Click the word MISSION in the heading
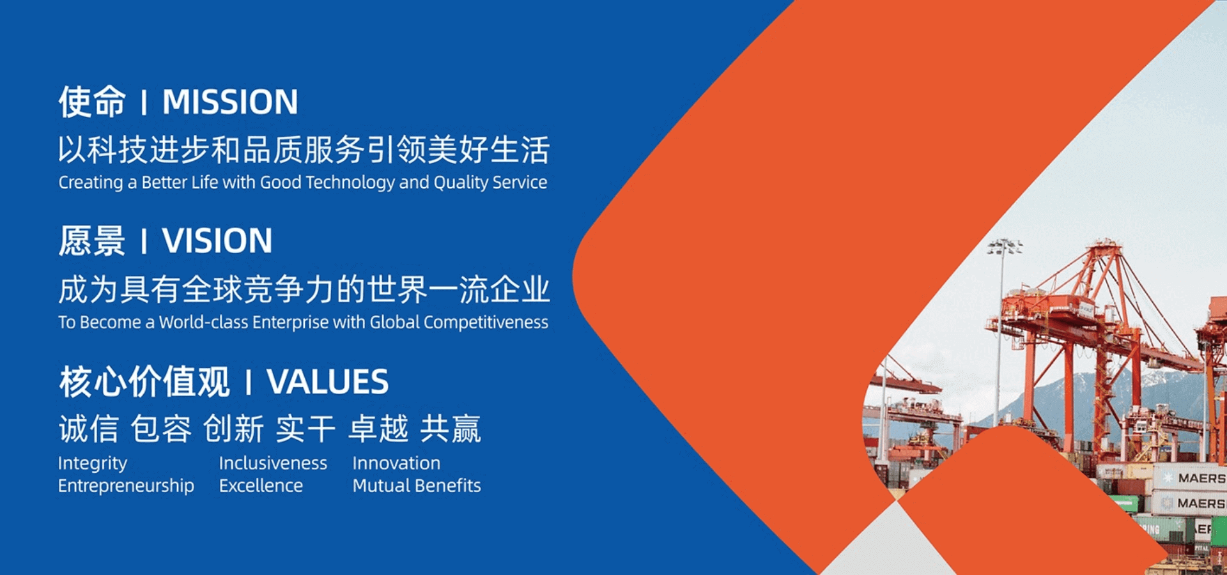[x=230, y=102]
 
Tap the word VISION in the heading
[x=217, y=241]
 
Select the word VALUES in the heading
[x=327, y=382]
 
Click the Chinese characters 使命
[x=92, y=102]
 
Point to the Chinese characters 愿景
[x=92, y=241]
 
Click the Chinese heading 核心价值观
[x=144, y=382]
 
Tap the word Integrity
[x=93, y=464]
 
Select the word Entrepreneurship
[x=126, y=486]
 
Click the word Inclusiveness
[x=273, y=463]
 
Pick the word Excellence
[x=261, y=486]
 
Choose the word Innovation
[x=396, y=463]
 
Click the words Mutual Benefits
[x=417, y=486]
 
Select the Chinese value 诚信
[x=89, y=429]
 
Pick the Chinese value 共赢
[x=451, y=429]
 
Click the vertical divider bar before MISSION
[x=144, y=103]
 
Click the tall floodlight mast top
[x=1005, y=247]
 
